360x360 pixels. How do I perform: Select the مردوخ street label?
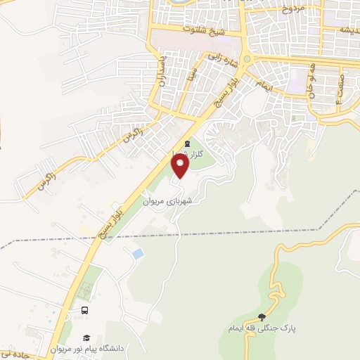(x=290, y=10)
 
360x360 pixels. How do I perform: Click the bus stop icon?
(x=85, y=311)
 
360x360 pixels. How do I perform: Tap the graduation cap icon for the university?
(x=87, y=337)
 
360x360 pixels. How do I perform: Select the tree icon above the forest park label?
(x=262, y=318)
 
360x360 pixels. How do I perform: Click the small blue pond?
(x=138, y=252)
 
